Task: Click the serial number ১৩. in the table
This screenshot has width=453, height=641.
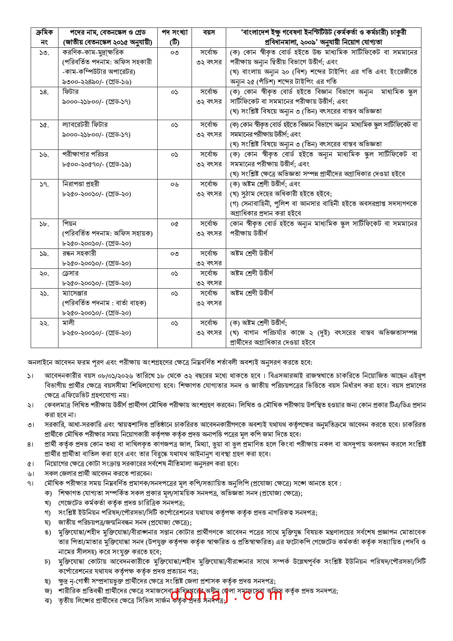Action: click(x=44, y=53)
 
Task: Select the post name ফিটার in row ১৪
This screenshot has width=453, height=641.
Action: click(x=70, y=92)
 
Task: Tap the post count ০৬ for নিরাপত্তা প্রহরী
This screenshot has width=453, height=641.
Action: click(x=174, y=184)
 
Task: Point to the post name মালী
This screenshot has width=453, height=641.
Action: click(x=68, y=323)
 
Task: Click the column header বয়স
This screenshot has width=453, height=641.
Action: click(x=209, y=33)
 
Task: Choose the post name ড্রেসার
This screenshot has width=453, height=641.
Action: click(x=70, y=273)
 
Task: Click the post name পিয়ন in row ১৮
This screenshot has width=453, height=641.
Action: click(x=69, y=224)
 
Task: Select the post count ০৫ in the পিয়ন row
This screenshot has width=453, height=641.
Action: click(x=174, y=224)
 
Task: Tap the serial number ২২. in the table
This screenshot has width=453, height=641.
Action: click(x=44, y=323)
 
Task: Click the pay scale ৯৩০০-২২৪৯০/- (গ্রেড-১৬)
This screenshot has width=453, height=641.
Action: click(x=97, y=82)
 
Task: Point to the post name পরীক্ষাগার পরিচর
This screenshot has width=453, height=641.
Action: click(x=85, y=154)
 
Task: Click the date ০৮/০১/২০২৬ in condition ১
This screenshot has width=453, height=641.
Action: click(x=115, y=376)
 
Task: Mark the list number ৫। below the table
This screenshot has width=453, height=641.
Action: click(x=31, y=464)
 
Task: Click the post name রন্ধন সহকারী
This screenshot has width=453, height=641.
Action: click(x=79, y=253)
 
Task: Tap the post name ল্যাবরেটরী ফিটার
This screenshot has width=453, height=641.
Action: click(x=85, y=124)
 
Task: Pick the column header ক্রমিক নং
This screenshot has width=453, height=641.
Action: click(x=44, y=37)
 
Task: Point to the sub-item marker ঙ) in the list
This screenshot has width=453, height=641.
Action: click(x=48, y=532)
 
